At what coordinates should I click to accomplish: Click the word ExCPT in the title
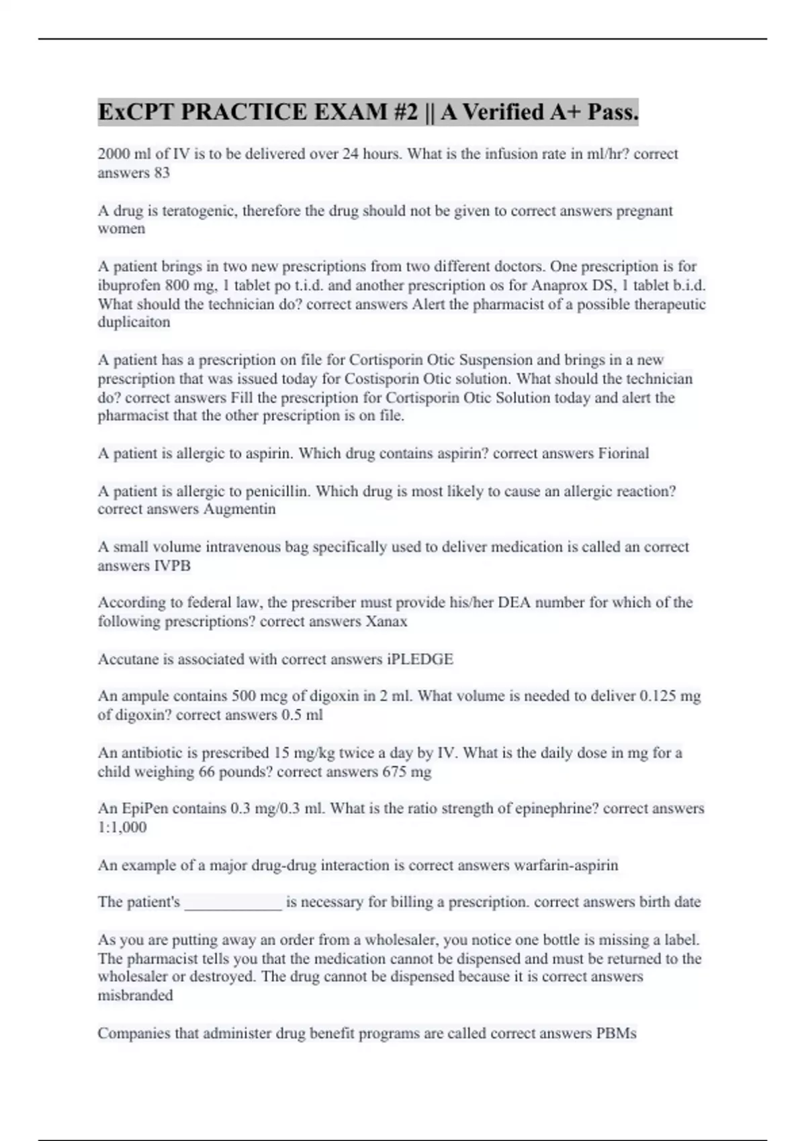point(136,112)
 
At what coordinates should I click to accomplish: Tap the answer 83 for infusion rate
point(161,173)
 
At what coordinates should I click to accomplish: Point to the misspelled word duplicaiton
point(134,322)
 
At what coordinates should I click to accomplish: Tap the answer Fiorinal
point(623,454)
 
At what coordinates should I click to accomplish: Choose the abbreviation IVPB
point(172,566)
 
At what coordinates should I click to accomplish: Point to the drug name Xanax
point(386,622)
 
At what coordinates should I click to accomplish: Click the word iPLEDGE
point(420,659)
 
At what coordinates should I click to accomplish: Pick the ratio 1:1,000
point(122,828)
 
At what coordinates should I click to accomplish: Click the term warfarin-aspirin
point(566,865)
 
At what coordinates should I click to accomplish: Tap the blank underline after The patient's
point(233,903)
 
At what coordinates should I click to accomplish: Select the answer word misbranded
point(135,995)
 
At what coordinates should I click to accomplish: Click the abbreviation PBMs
point(616,1034)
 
